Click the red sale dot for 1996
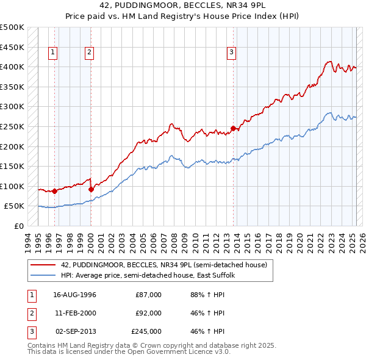pos(54,191)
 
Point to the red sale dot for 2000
pos(91,189)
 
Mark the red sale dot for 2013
pos(233,128)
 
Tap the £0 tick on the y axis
pos(18,226)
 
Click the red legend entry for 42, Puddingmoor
pos(163,265)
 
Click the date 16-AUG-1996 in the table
pos(75,295)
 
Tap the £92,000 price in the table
pos(148,313)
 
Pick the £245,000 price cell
pos(146,331)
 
